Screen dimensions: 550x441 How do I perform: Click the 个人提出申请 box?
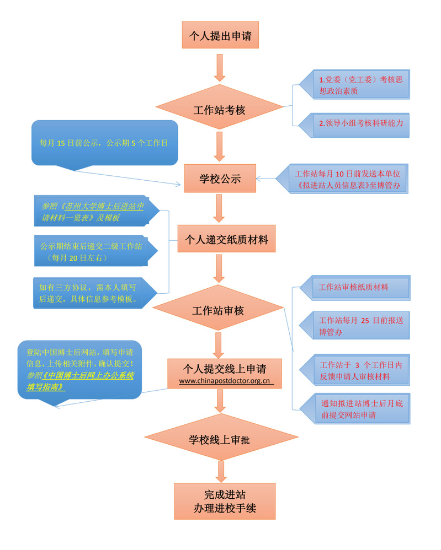tap(220, 36)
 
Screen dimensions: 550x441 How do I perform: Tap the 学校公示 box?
tap(220, 179)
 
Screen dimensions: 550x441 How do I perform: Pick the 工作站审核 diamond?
tap(218, 311)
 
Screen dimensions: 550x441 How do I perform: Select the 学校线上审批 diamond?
tap(220, 439)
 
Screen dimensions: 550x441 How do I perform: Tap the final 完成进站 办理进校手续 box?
tap(225, 500)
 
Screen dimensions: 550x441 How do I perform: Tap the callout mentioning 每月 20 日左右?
tap(91, 251)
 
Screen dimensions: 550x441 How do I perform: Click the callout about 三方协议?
tap(91, 293)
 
